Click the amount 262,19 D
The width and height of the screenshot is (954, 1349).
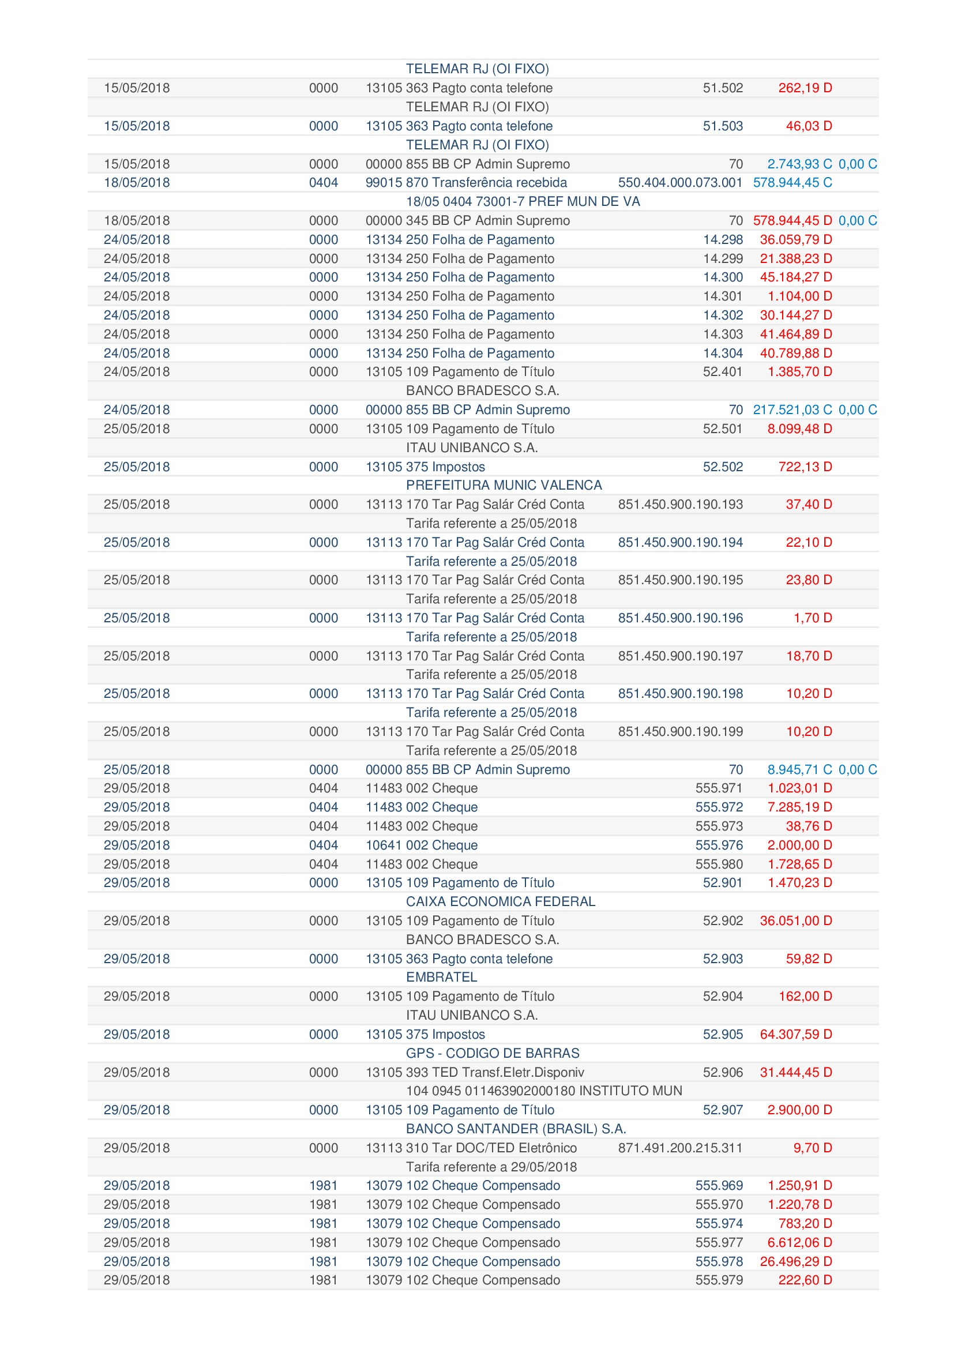805,88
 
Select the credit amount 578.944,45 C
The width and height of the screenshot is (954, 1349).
792,183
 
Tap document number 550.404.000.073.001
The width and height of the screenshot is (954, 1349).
679,183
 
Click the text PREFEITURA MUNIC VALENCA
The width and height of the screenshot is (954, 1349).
504,485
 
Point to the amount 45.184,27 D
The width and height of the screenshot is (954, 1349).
795,277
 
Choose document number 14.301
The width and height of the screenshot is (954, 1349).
723,296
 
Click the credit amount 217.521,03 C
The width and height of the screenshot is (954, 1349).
792,409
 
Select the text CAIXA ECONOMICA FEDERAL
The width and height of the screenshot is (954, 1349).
501,901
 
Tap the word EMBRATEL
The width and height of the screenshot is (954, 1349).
441,977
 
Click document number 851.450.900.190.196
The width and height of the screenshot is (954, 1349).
679,618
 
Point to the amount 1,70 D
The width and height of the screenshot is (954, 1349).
813,618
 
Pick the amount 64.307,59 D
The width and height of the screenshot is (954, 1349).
795,1034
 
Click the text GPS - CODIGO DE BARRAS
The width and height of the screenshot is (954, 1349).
492,1053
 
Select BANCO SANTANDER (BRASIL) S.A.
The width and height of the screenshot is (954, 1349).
516,1129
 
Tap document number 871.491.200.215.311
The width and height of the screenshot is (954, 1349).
679,1148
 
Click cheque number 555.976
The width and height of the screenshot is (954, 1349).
719,845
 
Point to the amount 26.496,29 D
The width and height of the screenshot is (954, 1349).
795,1261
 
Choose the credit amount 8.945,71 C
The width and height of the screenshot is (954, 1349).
799,770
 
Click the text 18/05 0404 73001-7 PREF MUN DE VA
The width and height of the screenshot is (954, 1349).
523,201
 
